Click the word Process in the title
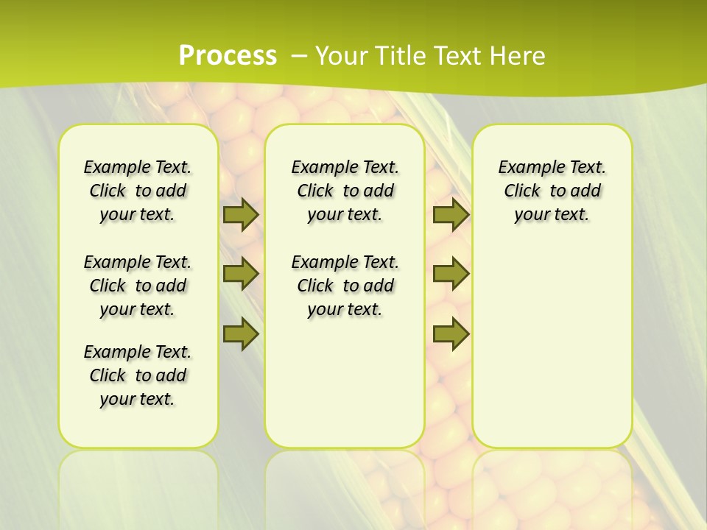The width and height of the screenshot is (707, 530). click(x=228, y=55)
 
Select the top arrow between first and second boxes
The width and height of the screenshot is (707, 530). click(x=241, y=214)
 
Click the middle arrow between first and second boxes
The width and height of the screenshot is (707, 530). click(x=241, y=275)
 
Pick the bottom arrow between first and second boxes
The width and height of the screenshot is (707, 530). click(x=241, y=334)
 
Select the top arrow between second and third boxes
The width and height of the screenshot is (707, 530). click(x=451, y=214)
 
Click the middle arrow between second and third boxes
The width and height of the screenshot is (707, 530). click(x=451, y=274)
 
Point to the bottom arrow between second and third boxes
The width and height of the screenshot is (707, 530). click(x=451, y=334)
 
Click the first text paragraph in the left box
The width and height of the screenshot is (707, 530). click(x=138, y=191)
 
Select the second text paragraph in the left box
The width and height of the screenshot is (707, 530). click(x=138, y=286)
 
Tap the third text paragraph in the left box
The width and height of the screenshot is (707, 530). click(x=138, y=375)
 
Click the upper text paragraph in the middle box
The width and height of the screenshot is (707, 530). click(x=345, y=191)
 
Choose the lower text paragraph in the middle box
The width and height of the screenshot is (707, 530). click(x=345, y=286)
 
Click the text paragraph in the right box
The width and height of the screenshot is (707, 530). click(x=552, y=191)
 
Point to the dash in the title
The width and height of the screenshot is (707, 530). click(x=300, y=55)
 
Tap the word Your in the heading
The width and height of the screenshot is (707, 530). click(x=341, y=55)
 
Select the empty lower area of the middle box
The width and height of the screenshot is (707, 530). click(x=345, y=383)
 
